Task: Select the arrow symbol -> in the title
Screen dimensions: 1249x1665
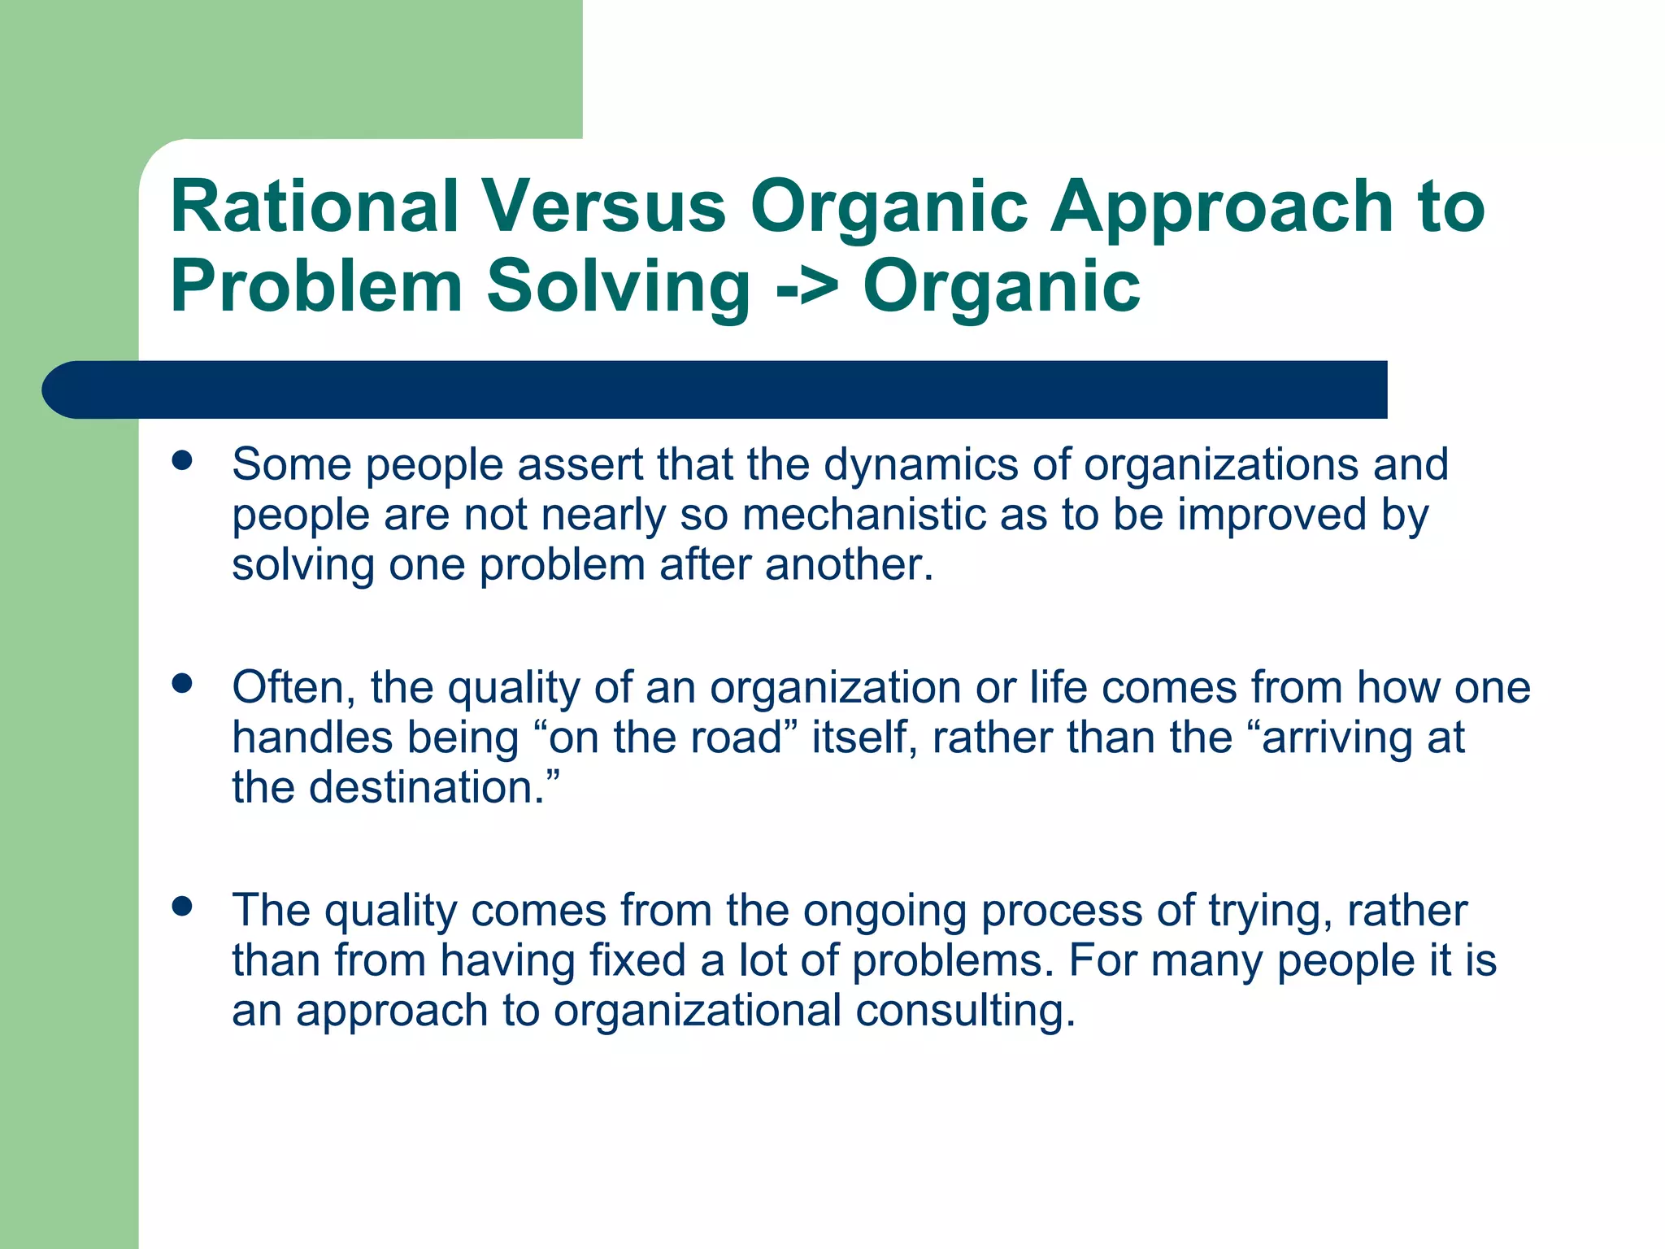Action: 805,286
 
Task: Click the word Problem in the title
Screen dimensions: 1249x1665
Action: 316,286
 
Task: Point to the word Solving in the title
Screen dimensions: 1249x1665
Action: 618,286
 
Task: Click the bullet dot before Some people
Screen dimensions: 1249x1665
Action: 182,461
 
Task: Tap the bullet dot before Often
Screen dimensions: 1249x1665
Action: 182,684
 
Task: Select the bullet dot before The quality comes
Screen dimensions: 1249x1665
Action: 182,907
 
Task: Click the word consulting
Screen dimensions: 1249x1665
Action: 964,1011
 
